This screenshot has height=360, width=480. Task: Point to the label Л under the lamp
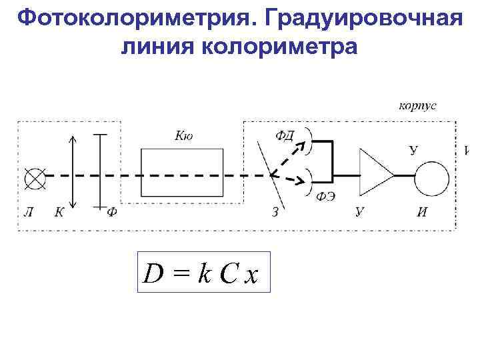pyautogui.click(x=28, y=213)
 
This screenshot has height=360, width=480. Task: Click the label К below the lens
pyautogui.click(x=59, y=213)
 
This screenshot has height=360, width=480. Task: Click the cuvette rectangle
pyautogui.click(x=182, y=172)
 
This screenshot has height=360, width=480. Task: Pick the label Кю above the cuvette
pyautogui.click(x=184, y=135)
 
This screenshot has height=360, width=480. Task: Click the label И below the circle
pyautogui.click(x=422, y=213)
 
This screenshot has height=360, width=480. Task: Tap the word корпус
pyautogui.click(x=418, y=105)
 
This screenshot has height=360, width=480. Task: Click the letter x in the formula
pyautogui.click(x=251, y=275)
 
